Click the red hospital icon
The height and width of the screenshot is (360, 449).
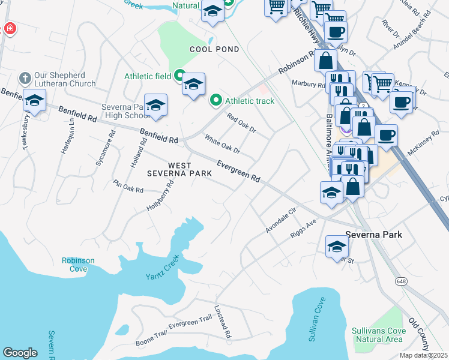[x=10, y=28]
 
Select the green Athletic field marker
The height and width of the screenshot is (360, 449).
[x=179, y=76]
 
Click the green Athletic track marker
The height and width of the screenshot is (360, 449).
[x=216, y=100]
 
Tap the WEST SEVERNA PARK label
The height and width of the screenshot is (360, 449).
[x=180, y=169]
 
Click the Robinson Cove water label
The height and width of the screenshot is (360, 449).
[x=78, y=264]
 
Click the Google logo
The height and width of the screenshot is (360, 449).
[x=20, y=352]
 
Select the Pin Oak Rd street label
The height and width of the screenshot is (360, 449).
[x=128, y=186]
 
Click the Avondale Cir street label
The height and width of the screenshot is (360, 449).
[x=281, y=221]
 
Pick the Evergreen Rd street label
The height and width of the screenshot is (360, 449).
[x=238, y=171]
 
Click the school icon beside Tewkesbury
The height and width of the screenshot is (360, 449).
[x=34, y=101]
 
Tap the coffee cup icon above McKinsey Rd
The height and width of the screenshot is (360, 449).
[x=386, y=135]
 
